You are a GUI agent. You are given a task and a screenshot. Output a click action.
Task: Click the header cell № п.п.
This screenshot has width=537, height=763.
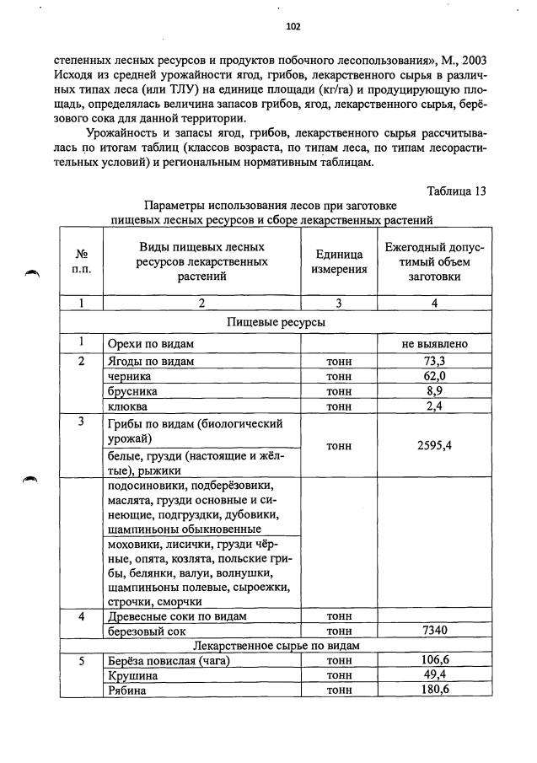[x=83, y=261]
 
